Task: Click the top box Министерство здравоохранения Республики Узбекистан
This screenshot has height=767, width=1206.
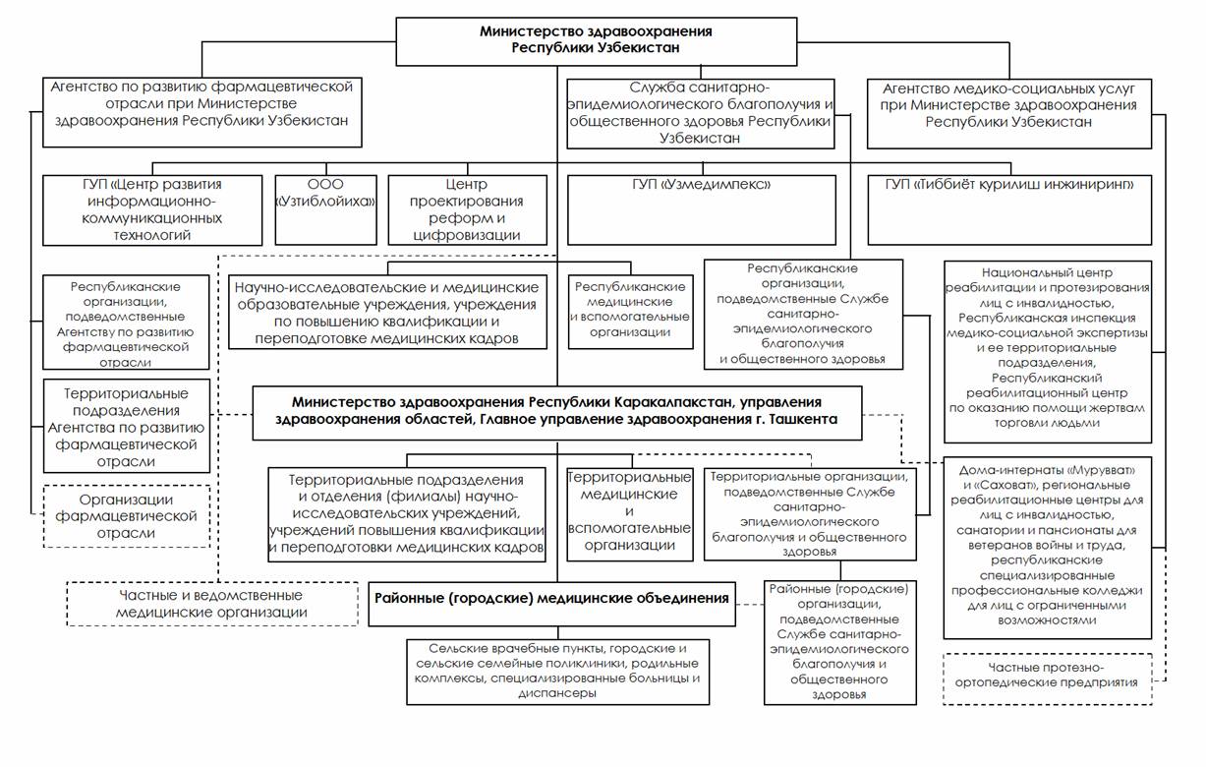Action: (597, 39)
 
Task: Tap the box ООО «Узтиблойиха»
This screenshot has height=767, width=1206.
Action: (326, 209)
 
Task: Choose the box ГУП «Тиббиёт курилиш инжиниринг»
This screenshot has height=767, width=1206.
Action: (1010, 209)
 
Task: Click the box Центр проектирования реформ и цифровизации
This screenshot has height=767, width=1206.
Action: (467, 209)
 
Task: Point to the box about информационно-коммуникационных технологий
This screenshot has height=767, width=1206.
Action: (153, 209)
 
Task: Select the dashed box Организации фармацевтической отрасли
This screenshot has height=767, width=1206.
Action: (127, 514)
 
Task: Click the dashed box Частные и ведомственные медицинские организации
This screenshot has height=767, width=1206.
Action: (212, 604)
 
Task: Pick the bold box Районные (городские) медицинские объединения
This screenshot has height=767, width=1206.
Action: (551, 598)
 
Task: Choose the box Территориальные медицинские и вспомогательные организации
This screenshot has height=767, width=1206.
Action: (630, 514)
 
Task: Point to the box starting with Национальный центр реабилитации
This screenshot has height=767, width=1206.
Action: (1046, 350)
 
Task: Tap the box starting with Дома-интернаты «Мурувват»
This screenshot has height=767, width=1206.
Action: (1046, 546)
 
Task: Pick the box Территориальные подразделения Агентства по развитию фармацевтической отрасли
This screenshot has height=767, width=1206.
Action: (127, 426)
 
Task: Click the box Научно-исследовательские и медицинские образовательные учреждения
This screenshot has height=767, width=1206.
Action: (387, 312)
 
